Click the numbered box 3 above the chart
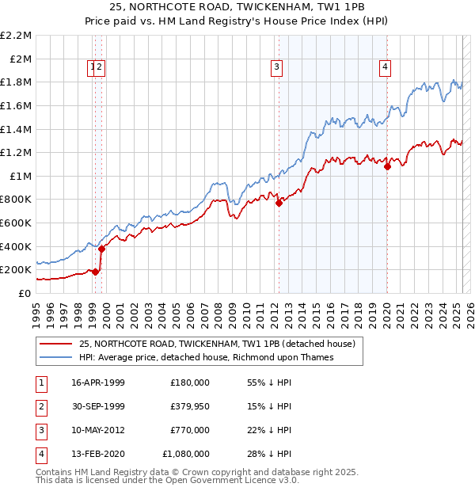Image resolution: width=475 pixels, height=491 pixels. (x=277, y=67)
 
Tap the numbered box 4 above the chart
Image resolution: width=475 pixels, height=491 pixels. (x=385, y=67)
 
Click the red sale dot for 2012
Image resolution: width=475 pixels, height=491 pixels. (x=279, y=204)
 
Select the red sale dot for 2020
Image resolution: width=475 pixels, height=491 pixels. (x=387, y=167)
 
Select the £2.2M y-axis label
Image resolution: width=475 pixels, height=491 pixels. (x=16, y=36)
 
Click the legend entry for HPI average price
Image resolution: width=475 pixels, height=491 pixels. (x=206, y=357)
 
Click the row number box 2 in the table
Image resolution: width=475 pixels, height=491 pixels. (x=40, y=406)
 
